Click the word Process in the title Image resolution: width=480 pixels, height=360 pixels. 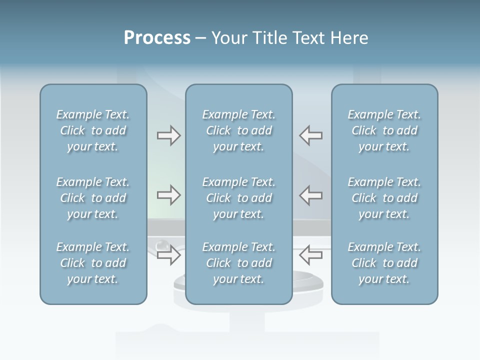tap(157, 38)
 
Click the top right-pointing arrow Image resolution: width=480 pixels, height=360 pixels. tap(168, 135)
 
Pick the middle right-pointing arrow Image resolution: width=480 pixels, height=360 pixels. tap(168, 194)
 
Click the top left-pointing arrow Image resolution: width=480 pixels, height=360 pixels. tap(311, 135)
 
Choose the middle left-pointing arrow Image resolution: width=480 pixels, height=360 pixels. tap(311, 194)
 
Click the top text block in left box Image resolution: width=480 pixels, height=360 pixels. tap(93, 130)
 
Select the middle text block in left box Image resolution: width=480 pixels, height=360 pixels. tap(93, 198)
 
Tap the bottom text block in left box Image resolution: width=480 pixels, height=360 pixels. tap(93, 263)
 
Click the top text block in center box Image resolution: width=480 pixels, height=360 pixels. tap(239, 130)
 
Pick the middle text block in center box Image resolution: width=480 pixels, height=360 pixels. tap(239, 198)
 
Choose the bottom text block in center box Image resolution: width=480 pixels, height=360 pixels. tap(239, 263)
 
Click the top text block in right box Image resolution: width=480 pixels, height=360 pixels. tap(384, 130)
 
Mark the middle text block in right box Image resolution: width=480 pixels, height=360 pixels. tap(384, 198)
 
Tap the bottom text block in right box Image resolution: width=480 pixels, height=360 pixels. tap(384, 263)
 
